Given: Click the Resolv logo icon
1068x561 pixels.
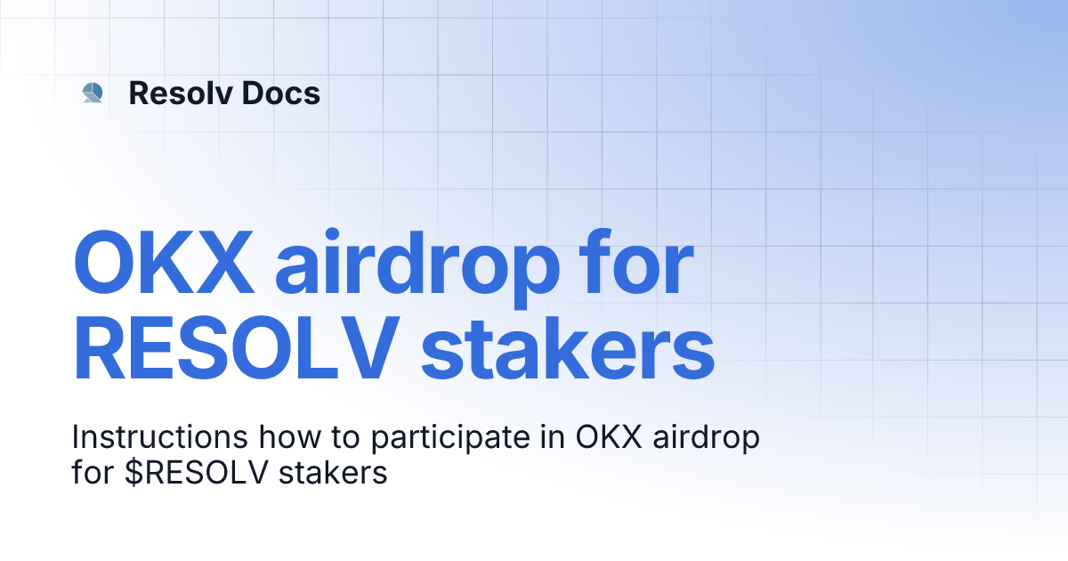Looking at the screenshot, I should [93, 93].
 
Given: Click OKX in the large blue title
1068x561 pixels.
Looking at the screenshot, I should [164, 264].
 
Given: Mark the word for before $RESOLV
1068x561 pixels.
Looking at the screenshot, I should [92, 473].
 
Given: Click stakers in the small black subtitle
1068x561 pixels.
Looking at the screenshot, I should [333, 473].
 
